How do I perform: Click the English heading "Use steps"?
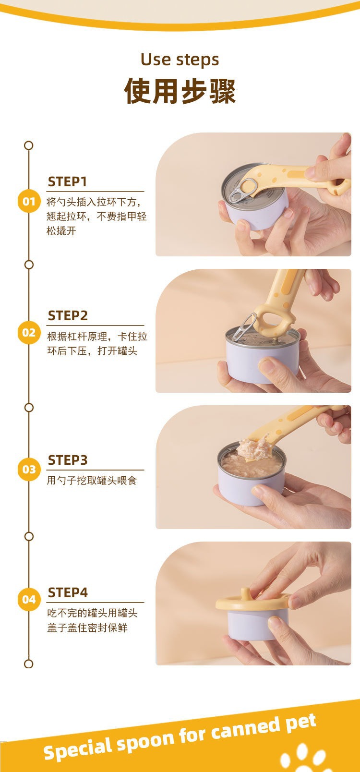click(x=180, y=60)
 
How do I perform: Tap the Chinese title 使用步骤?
click(x=180, y=91)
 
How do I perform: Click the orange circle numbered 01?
click(x=29, y=201)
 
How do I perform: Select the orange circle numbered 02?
click(x=29, y=332)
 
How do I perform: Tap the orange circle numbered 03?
click(x=29, y=469)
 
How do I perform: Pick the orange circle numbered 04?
click(x=29, y=599)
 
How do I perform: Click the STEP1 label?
click(x=67, y=181)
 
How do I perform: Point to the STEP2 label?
click(x=68, y=315)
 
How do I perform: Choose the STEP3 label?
click(x=68, y=460)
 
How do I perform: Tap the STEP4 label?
click(x=68, y=592)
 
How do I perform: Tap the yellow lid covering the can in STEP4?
click(x=252, y=602)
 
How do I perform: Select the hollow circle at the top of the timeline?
click(x=29, y=145)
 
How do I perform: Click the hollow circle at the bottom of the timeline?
click(x=29, y=664)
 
